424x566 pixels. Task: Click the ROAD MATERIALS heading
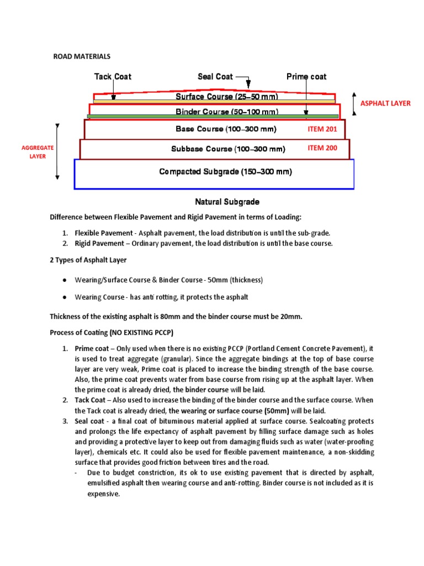pos(82,56)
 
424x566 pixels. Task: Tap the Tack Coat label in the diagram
pos(113,77)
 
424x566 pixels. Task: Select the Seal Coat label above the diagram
pos(215,77)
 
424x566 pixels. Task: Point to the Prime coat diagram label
pos(306,77)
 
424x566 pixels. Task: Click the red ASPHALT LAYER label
pos(385,103)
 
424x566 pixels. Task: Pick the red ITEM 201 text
pos(322,129)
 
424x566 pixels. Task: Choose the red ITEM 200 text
pos(322,148)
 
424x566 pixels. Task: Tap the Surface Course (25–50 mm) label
pos(226,97)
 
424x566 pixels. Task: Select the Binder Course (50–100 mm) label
pos(226,112)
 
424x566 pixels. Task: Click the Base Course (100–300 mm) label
pos(226,129)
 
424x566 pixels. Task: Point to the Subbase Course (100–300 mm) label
pos(228,149)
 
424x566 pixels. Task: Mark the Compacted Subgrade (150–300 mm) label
pos(225,172)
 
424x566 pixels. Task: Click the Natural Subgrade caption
pos(227,202)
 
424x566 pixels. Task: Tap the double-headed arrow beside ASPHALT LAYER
pos(354,103)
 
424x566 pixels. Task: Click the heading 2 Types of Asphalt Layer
pos(88,260)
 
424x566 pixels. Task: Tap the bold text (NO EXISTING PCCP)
pos(144,333)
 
